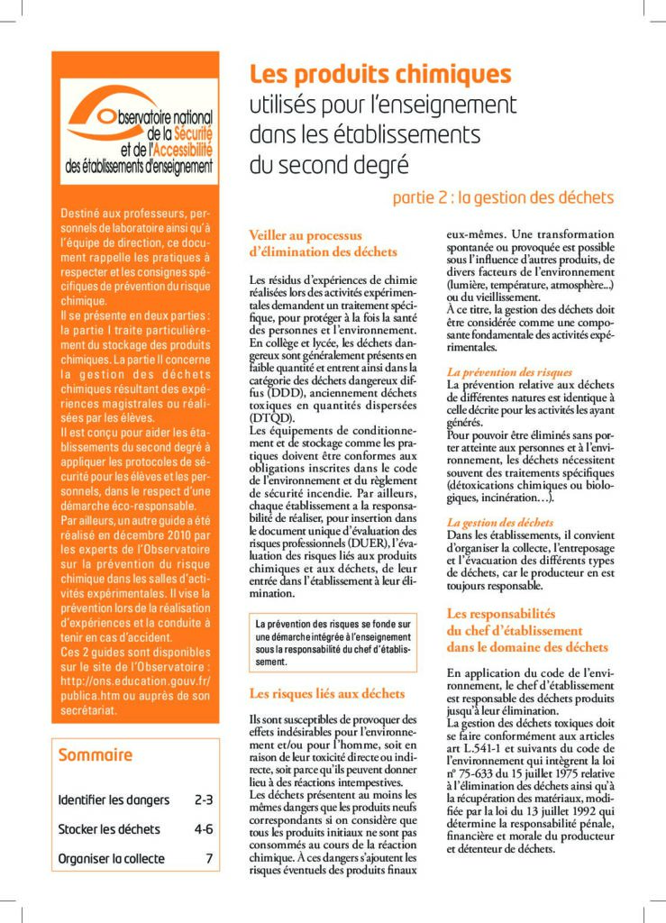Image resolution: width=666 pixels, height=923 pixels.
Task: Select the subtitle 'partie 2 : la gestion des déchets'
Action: coord(503,197)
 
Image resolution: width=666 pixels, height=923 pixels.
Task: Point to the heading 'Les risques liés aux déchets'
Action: coord(326,693)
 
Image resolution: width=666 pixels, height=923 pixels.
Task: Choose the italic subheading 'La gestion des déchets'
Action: coord(500,522)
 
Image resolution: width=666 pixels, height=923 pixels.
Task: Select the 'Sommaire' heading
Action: coord(96,755)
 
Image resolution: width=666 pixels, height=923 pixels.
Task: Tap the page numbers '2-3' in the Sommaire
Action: coord(203,799)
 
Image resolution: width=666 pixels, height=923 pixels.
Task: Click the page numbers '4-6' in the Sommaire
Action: coord(203,828)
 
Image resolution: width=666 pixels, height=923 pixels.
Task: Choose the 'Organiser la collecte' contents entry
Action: coord(111,858)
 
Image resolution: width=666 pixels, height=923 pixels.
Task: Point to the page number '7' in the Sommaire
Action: coord(209,858)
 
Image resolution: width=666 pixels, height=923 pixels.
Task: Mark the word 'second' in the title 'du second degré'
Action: coord(315,166)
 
